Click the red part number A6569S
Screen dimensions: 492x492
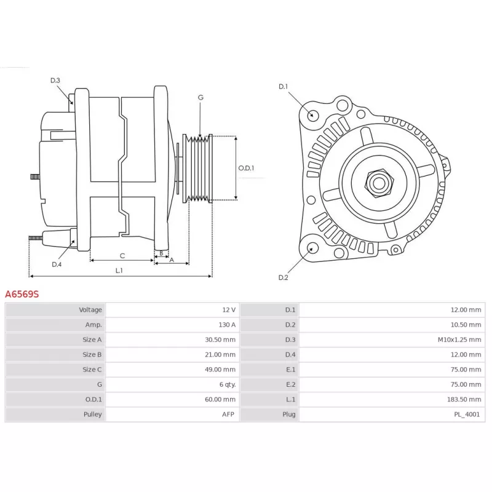tap(22, 294)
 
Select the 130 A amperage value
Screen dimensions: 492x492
tap(227, 325)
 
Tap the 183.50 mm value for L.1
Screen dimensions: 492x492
tap(464, 399)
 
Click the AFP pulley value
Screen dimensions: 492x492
tap(228, 414)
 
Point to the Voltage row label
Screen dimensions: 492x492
tap(90, 310)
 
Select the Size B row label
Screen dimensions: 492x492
tap(92, 355)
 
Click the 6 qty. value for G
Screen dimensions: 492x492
tap(228, 384)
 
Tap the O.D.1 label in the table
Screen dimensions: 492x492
tap(93, 399)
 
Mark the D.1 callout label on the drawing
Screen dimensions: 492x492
tap(283, 86)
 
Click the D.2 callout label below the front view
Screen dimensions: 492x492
tap(283, 277)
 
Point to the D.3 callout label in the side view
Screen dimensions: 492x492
tap(55, 81)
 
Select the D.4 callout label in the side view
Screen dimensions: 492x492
tap(57, 264)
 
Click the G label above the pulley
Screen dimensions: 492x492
tap(200, 98)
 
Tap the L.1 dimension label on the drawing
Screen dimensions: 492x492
tap(119, 271)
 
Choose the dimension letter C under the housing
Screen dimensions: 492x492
tap(122, 256)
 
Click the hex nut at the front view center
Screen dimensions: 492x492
tap(379, 183)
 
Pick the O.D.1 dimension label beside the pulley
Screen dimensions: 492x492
tap(246, 168)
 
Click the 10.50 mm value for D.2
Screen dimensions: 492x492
tap(466, 325)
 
